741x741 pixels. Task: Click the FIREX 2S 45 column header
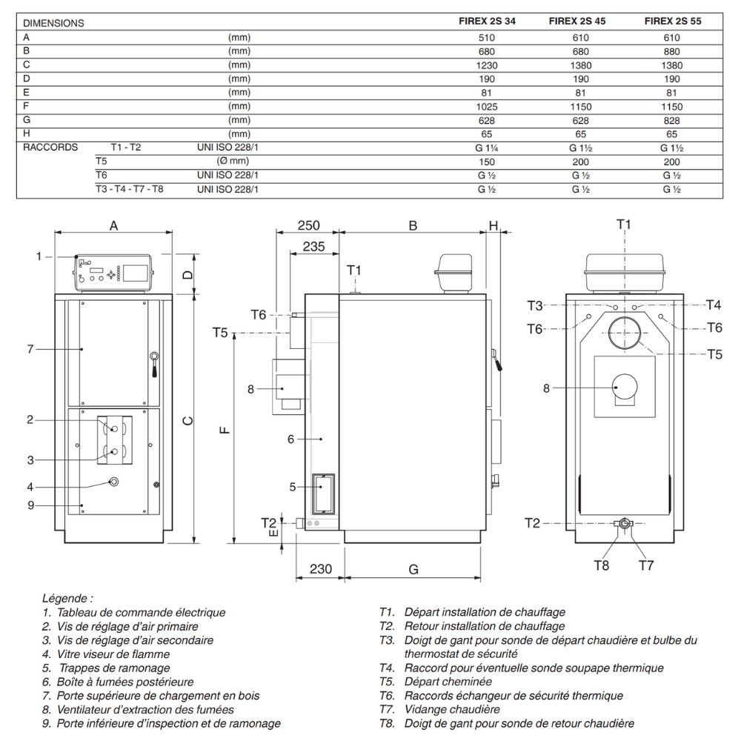point(576,21)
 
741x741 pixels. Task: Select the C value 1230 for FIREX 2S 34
point(486,65)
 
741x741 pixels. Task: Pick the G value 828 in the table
point(671,121)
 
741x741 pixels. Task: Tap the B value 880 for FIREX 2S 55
point(671,52)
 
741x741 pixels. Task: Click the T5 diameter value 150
point(486,162)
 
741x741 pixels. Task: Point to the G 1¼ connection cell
point(486,148)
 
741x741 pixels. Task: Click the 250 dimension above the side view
point(308,225)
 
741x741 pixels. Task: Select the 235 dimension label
point(313,246)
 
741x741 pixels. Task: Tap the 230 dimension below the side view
point(320,568)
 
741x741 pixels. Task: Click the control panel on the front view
point(113,273)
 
